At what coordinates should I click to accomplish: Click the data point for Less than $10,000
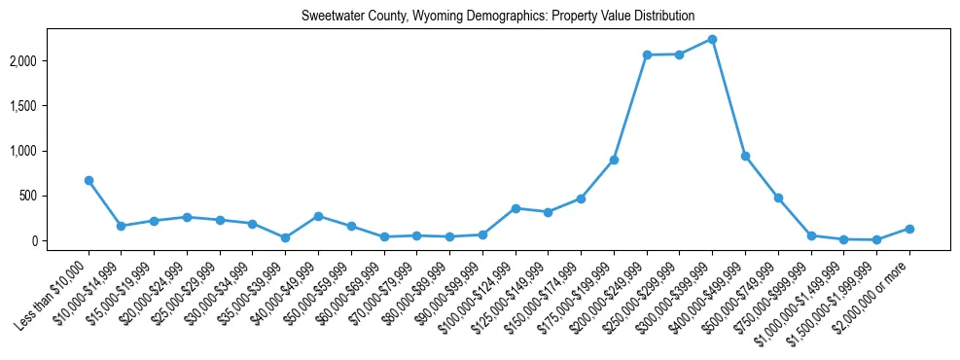(x=89, y=180)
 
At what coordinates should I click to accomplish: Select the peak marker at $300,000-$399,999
(x=712, y=39)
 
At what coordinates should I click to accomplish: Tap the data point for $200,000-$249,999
(x=647, y=54)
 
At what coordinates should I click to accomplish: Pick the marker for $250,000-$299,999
(x=679, y=54)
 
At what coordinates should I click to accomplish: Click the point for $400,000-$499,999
(x=745, y=156)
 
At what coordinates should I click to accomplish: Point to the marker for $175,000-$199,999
(x=614, y=160)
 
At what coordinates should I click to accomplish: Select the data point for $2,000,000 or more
(x=909, y=229)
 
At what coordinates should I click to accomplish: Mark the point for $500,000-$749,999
(x=778, y=198)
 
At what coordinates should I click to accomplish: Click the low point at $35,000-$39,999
(x=285, y=237)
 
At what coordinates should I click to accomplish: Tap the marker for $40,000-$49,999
(x=318, y=216)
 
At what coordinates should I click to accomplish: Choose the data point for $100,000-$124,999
(x=516, y=208)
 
